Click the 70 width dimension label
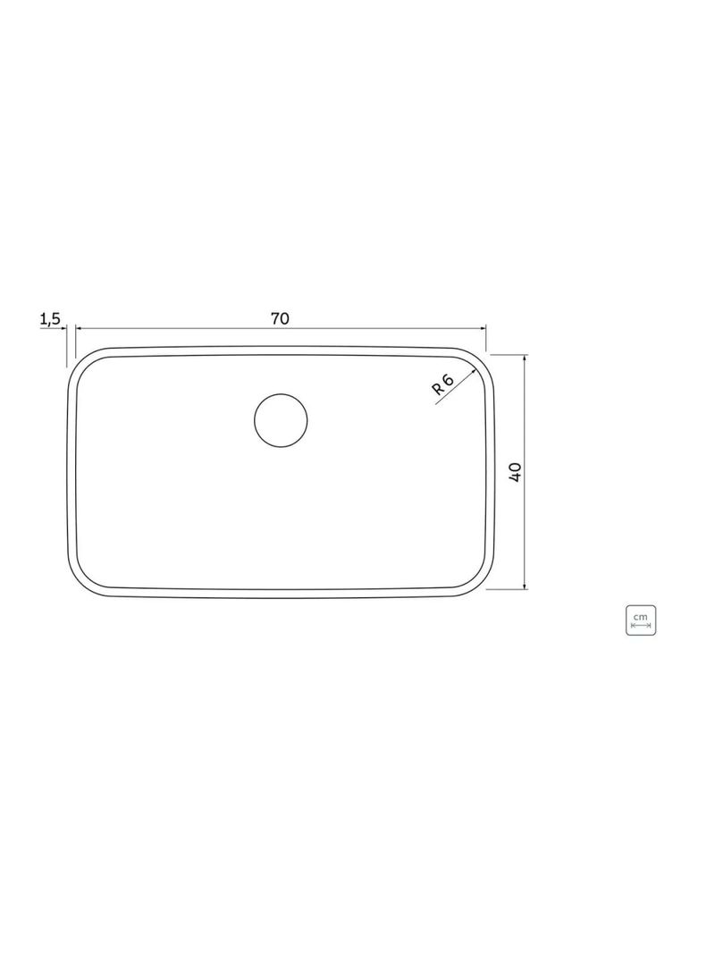280,318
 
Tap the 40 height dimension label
515,472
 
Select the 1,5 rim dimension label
50,318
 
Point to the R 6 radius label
442,384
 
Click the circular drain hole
281,419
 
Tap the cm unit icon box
640,620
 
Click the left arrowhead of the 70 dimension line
79,328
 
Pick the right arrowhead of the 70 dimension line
483,328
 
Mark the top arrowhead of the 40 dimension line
525,358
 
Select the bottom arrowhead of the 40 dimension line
525,585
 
